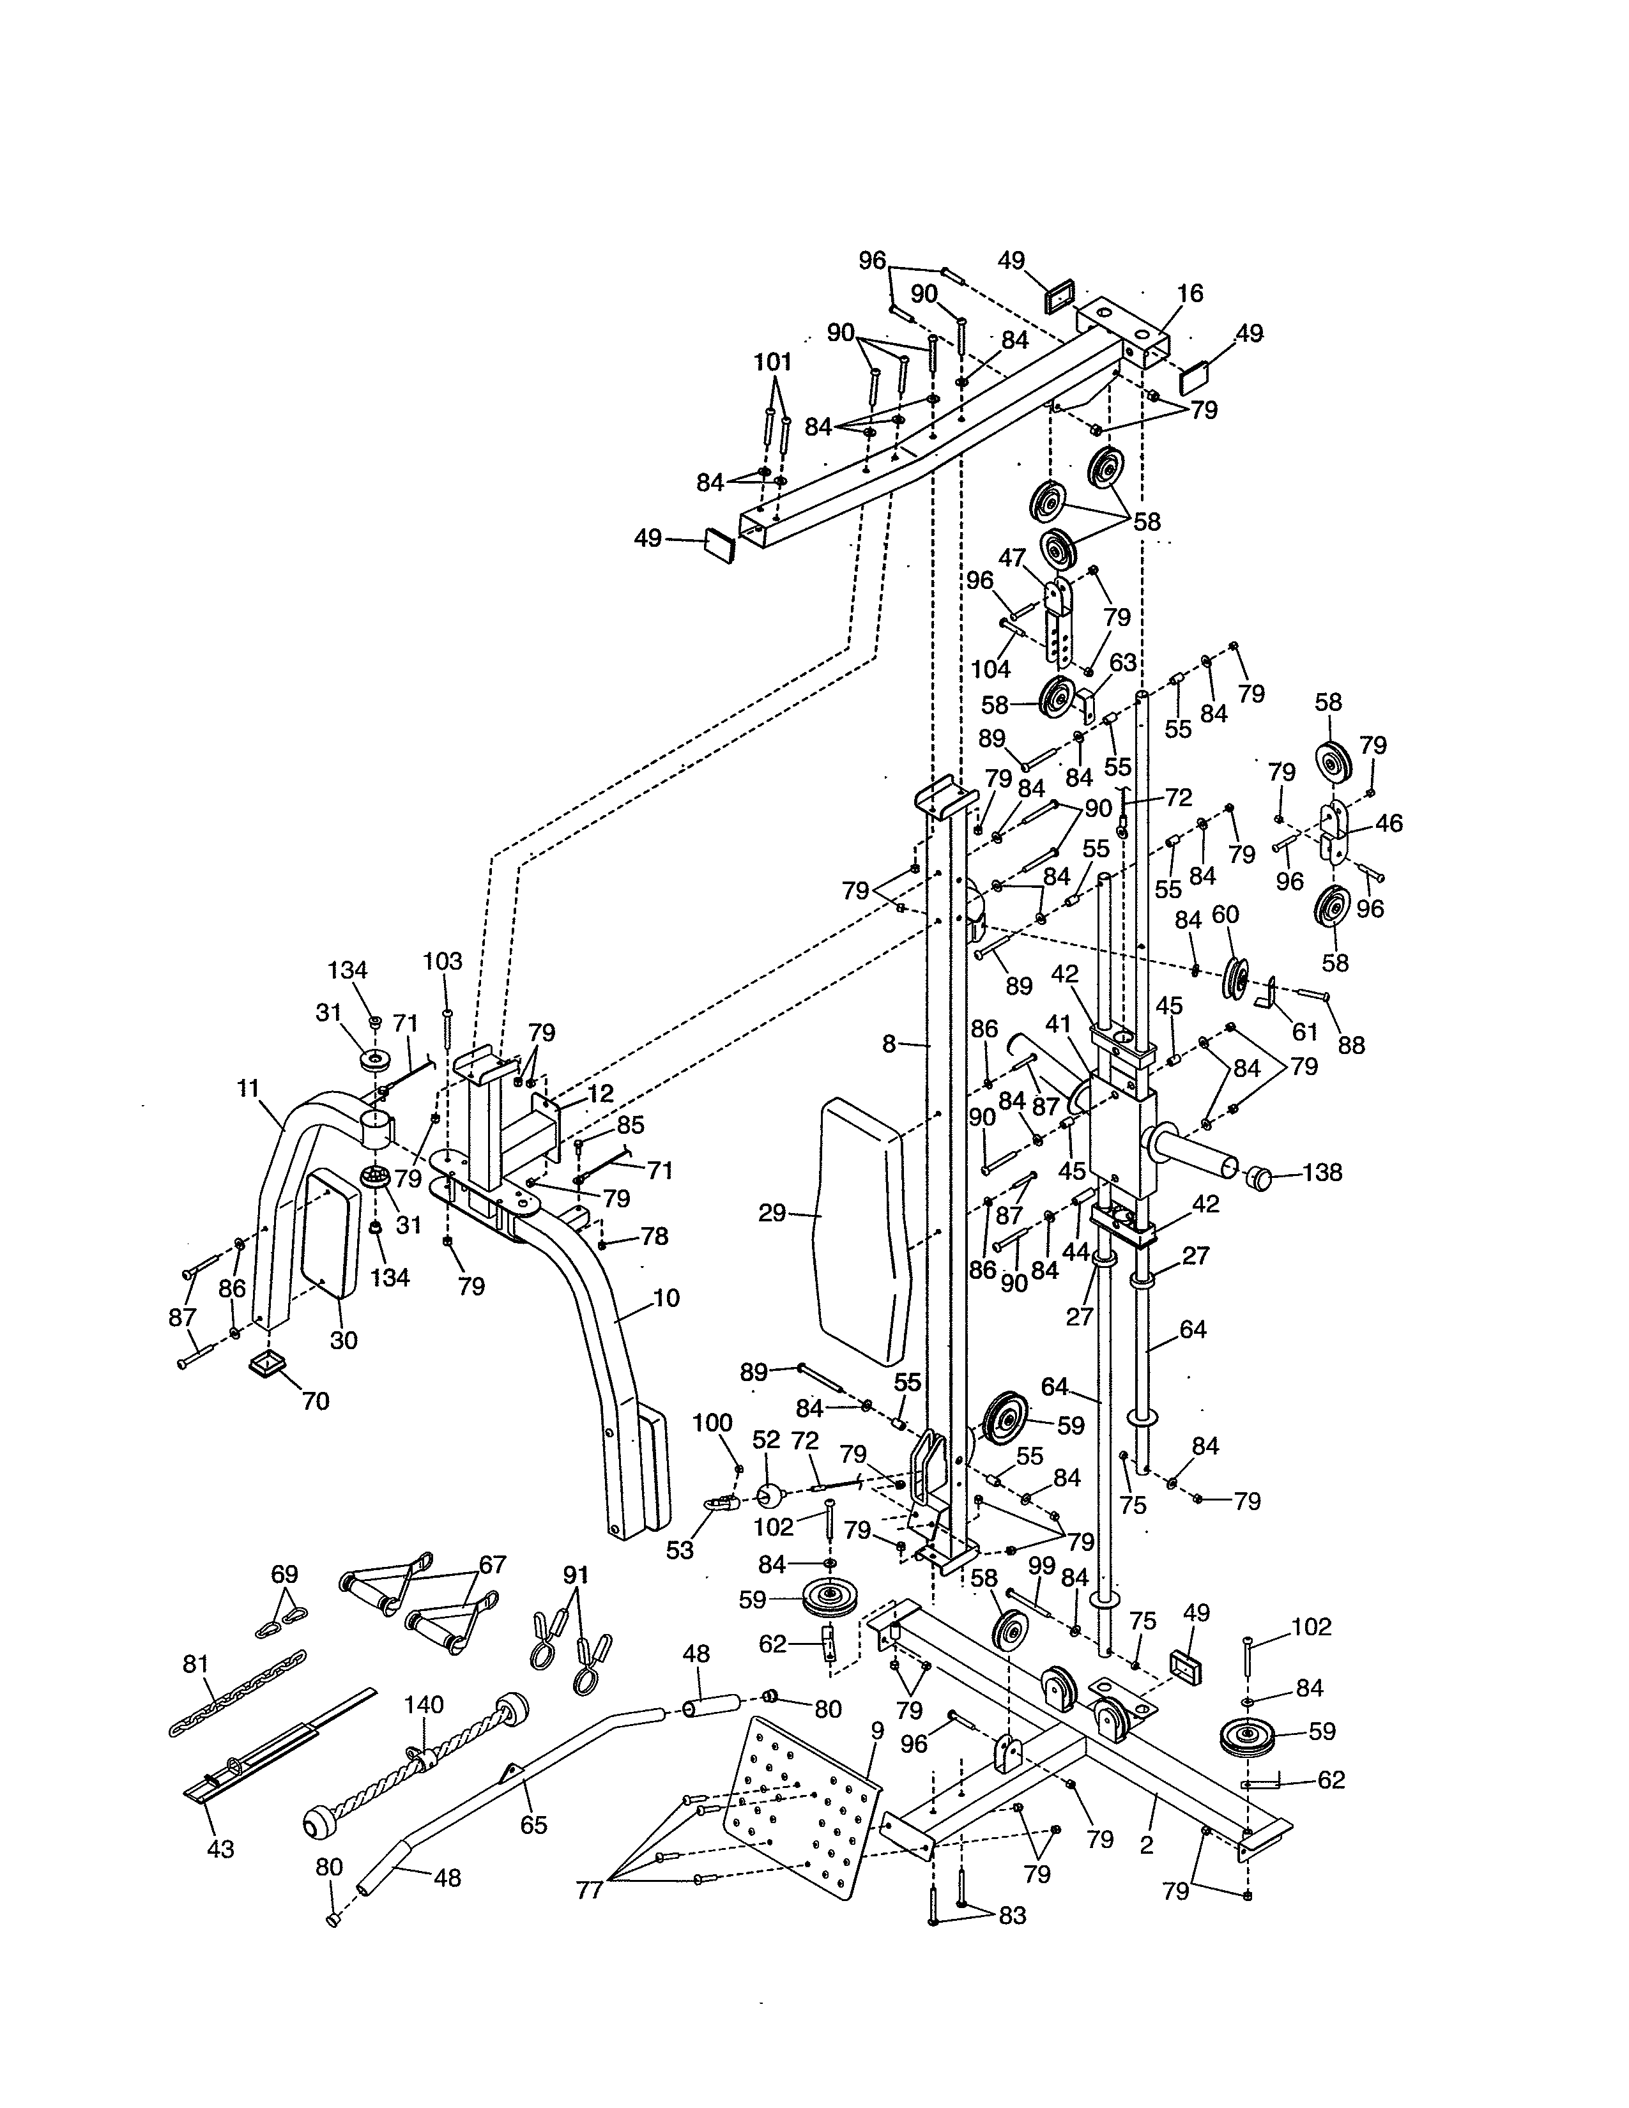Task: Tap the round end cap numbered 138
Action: [x=1257, y=1177]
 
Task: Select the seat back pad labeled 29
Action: [x=862, y=1231]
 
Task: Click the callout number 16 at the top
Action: [x=1190, y=293]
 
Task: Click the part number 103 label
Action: [x=443, y=961]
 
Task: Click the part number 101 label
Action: [x=772, y=362]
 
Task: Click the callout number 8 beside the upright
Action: [x=889, y=1043]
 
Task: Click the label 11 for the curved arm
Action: [x=248, y=1088]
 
